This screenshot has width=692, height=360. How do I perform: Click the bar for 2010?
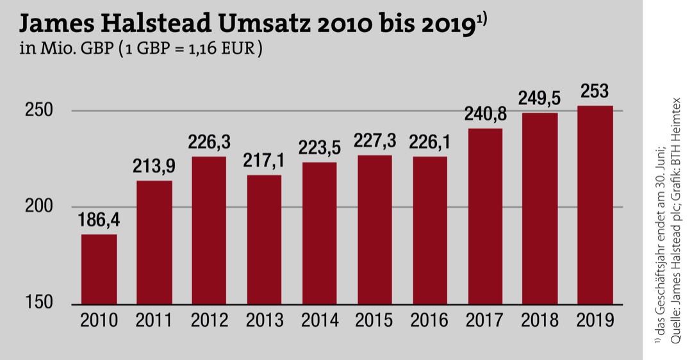click(x=99, y=269)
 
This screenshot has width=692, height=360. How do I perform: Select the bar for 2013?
click(x=264, y=240)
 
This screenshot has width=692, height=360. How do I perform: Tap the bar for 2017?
click(x=484, y=217)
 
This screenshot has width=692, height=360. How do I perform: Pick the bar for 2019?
click(x=595, y=205)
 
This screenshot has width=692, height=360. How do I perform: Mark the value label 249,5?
click(x=540, y=99)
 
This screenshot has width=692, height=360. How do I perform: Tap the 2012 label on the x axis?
click(x=209, y=320)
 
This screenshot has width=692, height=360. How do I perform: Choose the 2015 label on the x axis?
click(x=374, y=320)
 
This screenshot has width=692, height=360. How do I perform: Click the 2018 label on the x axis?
click(x=540, y=320)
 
